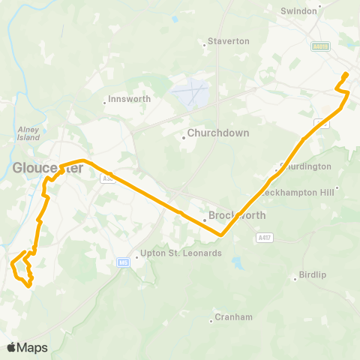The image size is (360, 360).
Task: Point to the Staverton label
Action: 228,41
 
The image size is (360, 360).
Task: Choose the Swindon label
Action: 299,11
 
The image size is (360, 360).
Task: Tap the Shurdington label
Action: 305,166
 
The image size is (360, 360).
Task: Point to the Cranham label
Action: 233,317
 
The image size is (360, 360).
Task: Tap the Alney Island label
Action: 28,133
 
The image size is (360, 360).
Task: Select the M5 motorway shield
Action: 123,262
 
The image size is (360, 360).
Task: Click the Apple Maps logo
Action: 27,347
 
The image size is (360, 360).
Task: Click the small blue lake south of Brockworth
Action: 238,264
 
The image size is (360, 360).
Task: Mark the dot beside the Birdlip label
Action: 295,279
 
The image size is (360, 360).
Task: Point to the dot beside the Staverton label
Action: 205,45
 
